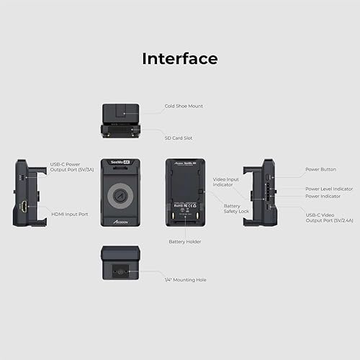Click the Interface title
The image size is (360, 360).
[x=179, y=58]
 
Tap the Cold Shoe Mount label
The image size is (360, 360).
[x=184, y=106]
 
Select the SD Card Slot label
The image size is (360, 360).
[x=178, y=138]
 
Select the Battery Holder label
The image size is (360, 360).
[x=185, y=241]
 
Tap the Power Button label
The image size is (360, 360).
[x=320, y=169]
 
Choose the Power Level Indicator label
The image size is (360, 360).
[x=328, y=189]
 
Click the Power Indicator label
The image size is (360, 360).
[x=323, y=196]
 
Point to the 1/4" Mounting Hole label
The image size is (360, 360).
[x=185, y=279]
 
